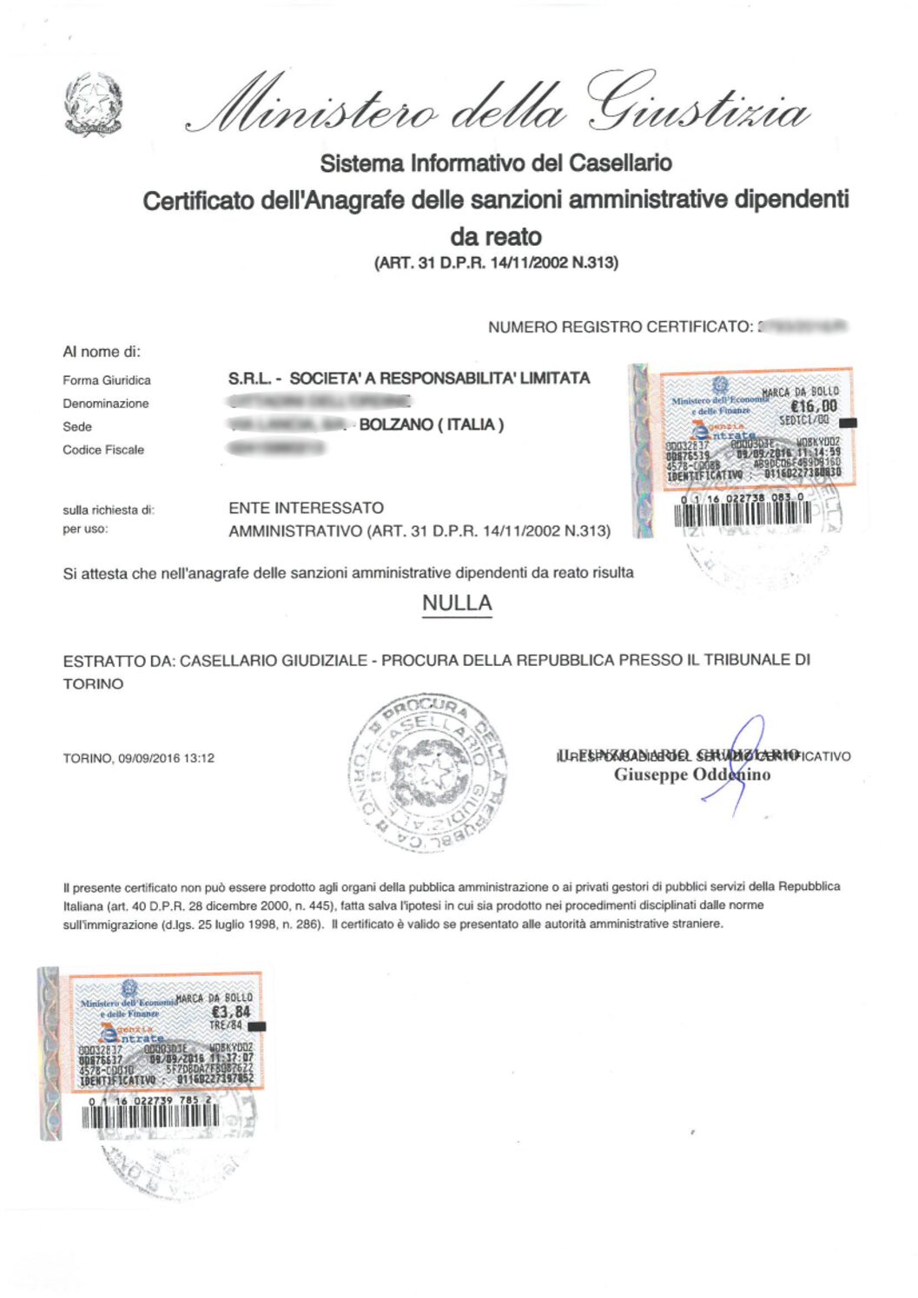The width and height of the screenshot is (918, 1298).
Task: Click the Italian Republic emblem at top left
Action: point(93,105)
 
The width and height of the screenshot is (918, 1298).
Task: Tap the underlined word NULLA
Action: point(457,603)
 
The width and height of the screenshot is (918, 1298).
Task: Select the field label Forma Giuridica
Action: point(107,380)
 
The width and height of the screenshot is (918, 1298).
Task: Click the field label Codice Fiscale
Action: point(103,450)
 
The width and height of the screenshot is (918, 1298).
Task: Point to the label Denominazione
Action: point(106,404)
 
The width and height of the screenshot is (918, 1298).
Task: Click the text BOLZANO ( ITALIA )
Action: point(431,425)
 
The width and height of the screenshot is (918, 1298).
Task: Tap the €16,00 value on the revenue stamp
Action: point(814,405)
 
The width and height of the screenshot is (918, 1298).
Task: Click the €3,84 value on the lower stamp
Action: point(231,1011)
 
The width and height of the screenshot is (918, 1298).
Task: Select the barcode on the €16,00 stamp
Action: point(743,513)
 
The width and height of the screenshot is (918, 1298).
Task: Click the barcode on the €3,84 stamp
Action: point(150,1116)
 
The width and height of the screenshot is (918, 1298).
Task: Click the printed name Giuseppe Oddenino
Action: point(692,774)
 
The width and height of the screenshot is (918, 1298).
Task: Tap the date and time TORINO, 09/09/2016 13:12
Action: point(139,758)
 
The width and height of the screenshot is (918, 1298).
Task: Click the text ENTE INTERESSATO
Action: point(307,508)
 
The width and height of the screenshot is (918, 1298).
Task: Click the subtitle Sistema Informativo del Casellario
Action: point(496,163)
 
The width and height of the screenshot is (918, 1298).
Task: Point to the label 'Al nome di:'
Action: point(102,352)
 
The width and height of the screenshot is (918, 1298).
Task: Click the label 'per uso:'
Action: point(85,530)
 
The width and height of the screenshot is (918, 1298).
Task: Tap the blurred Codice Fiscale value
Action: point(275,448)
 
